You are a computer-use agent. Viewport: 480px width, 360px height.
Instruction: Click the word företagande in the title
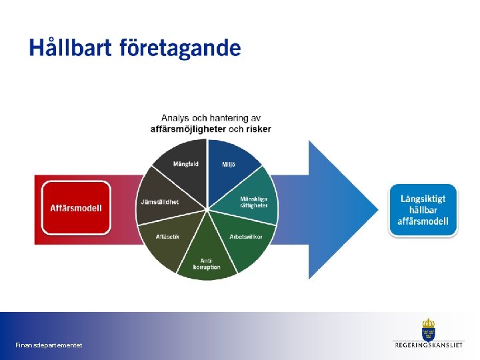(x=180, y=49)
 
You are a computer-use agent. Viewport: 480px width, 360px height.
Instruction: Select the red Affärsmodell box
(x=76, y=207)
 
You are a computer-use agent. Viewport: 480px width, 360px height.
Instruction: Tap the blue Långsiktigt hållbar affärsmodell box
(x=423, y=210)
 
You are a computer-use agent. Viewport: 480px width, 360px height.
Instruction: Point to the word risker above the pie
(x=259, y=129)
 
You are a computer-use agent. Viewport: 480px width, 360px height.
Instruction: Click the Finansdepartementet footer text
(x=49, y=345)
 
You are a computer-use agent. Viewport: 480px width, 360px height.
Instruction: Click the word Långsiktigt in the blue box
(x=423, y=199)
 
